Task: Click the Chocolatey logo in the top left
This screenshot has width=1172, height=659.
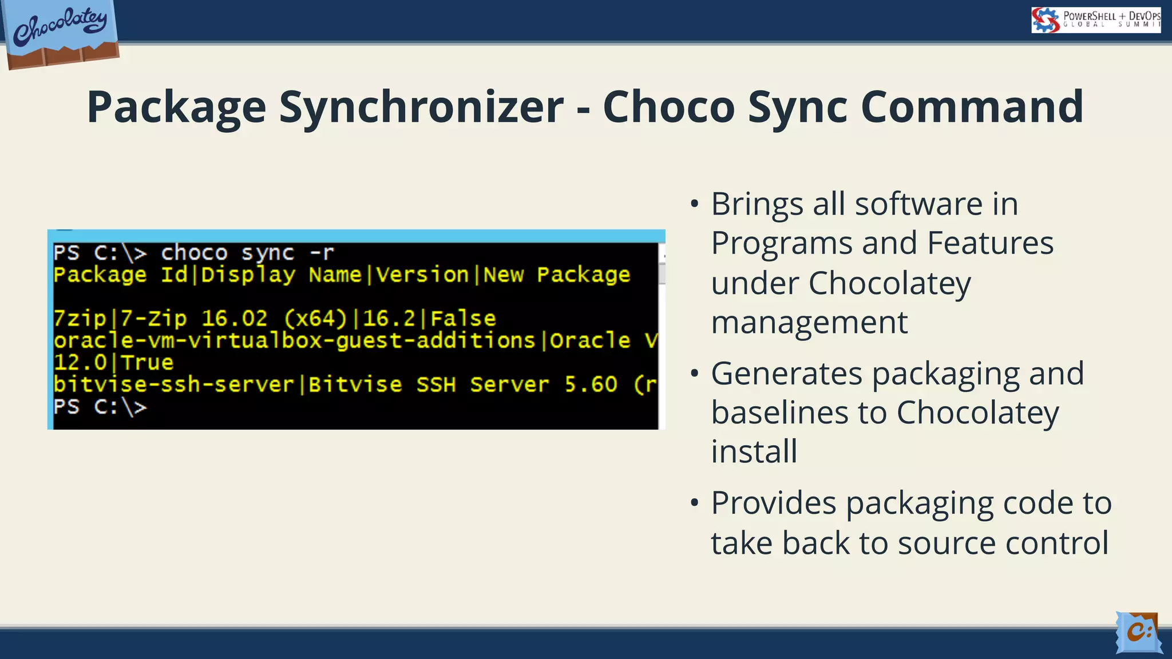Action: tap(61, 31)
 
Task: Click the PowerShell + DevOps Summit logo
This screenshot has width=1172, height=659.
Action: tap(1095, 20)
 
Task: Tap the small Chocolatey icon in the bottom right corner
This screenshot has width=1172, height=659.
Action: tap(1138, 632)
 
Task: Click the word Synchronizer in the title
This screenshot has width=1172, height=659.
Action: tap(421, 108)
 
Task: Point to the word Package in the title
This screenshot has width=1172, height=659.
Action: tap(176, 108)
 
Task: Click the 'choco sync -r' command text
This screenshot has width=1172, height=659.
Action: tap(247, 252)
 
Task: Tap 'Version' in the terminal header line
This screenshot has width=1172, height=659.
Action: tap(422, 275)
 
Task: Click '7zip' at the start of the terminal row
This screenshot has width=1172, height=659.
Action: tap(80, 319)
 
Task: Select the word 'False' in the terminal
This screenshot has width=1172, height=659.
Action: tap(463, 319)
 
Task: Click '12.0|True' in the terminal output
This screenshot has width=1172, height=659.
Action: tap(113, 362)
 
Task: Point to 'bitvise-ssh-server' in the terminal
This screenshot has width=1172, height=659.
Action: tap(173, 384)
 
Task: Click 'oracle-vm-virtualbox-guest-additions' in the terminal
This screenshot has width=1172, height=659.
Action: tap(294, 340)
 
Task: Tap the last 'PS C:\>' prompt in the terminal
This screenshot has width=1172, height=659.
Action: tap(100, 407)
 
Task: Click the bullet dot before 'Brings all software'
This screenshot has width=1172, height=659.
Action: tap(694, 204)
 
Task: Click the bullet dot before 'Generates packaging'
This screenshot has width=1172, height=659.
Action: tap(694, 374)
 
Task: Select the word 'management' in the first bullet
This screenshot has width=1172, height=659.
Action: tap(809, 322)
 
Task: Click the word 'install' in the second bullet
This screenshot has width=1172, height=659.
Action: tap(754, 451)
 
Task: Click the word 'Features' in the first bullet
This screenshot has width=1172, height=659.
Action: tap(989, 243)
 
